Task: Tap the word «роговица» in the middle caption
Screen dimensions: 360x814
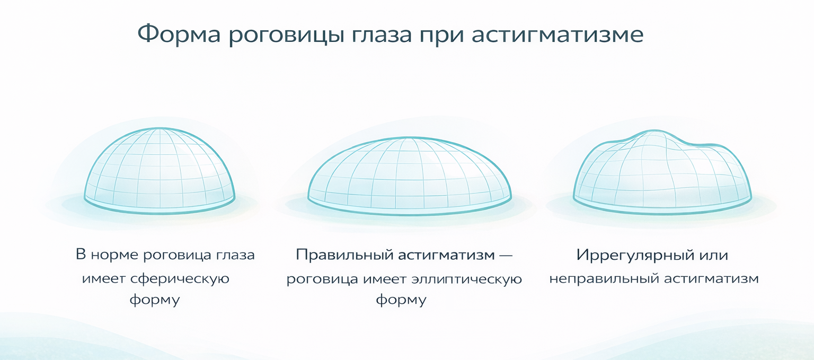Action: coord(322,279)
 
